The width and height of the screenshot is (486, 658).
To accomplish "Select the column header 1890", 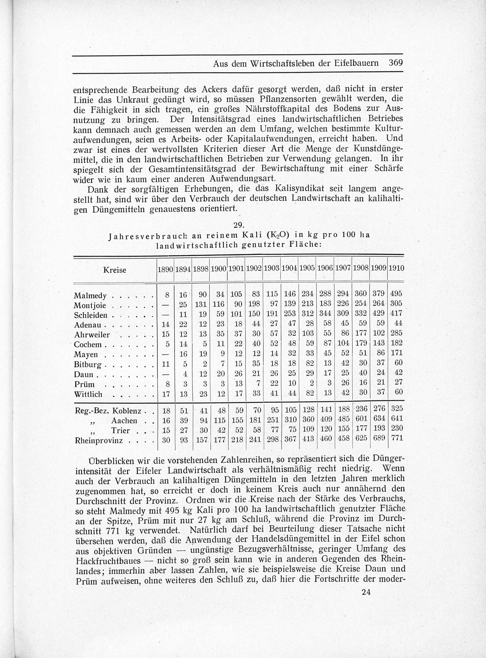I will pos(165,269).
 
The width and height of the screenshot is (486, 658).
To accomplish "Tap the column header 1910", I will pos(396,268).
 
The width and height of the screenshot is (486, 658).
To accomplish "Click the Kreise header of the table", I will pos(115,270).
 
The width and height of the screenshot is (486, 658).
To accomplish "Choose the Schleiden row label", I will pos(91,316).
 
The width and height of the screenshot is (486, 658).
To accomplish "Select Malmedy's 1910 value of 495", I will pos(396,294).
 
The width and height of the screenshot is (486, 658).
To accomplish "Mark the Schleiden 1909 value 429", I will pos(378,313).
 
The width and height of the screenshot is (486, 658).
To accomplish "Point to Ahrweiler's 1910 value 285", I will pos(396,333).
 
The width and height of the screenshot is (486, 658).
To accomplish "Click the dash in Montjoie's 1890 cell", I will pos(166,304).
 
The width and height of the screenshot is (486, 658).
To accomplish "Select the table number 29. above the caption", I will pos(238,225).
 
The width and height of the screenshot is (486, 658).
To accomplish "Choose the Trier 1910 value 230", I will pos(396,428).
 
